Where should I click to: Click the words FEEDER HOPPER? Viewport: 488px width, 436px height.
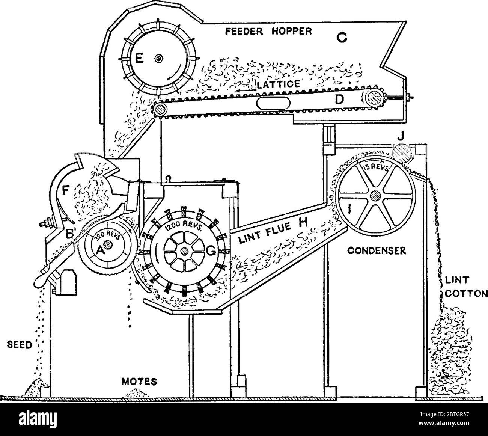tap(268, 31)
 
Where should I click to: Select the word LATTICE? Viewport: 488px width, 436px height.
tap(278, 84)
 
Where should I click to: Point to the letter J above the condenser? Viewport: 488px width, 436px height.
tap(401, 137)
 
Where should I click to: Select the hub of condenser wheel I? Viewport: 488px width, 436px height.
tap(374, 196)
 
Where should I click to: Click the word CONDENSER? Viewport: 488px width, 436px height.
tap(376, 251)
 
